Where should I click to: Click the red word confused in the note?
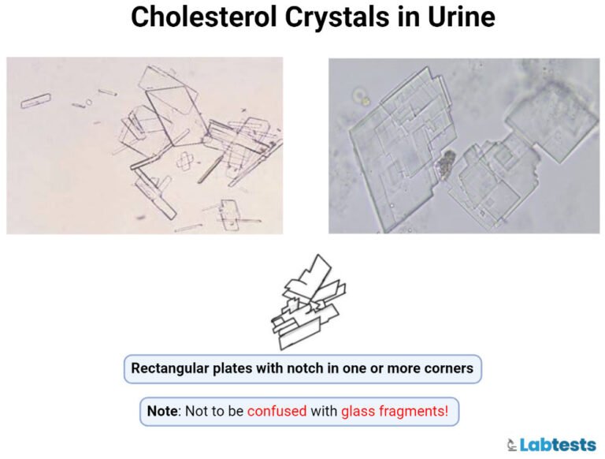(x=277, y=411)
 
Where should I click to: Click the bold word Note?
(x=163, y=411)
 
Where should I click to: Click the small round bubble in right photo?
(x=362, y=98)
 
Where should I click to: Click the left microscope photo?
(x=144, y=145)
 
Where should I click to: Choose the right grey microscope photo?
(x=463, y=145)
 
